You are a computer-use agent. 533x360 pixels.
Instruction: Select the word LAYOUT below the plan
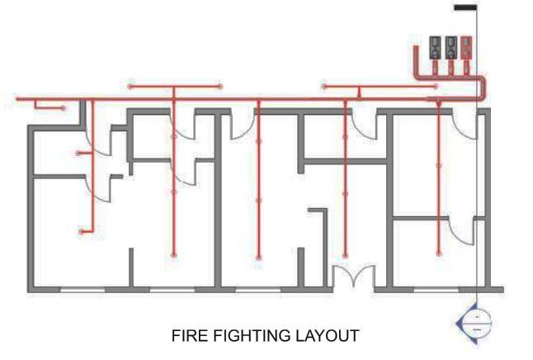[x=328, y=336]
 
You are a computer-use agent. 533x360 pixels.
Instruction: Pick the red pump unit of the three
[x=467, y=48]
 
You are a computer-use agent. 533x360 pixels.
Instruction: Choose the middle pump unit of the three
[x=450, y=48]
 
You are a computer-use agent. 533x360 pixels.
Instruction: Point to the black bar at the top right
[x=465, y=8]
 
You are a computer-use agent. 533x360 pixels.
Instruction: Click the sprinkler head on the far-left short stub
[x=62, y=107]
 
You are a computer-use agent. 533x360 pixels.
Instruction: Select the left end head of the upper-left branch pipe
[x=130, y=86]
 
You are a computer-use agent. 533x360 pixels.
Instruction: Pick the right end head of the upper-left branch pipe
[x=220, y=86]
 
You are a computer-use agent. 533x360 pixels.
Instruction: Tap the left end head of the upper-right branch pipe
[x=324, y=86]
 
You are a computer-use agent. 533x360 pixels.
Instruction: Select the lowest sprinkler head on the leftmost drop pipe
[x=81, y=232]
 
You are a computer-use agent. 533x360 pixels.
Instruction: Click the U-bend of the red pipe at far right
[x=486, y=88]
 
